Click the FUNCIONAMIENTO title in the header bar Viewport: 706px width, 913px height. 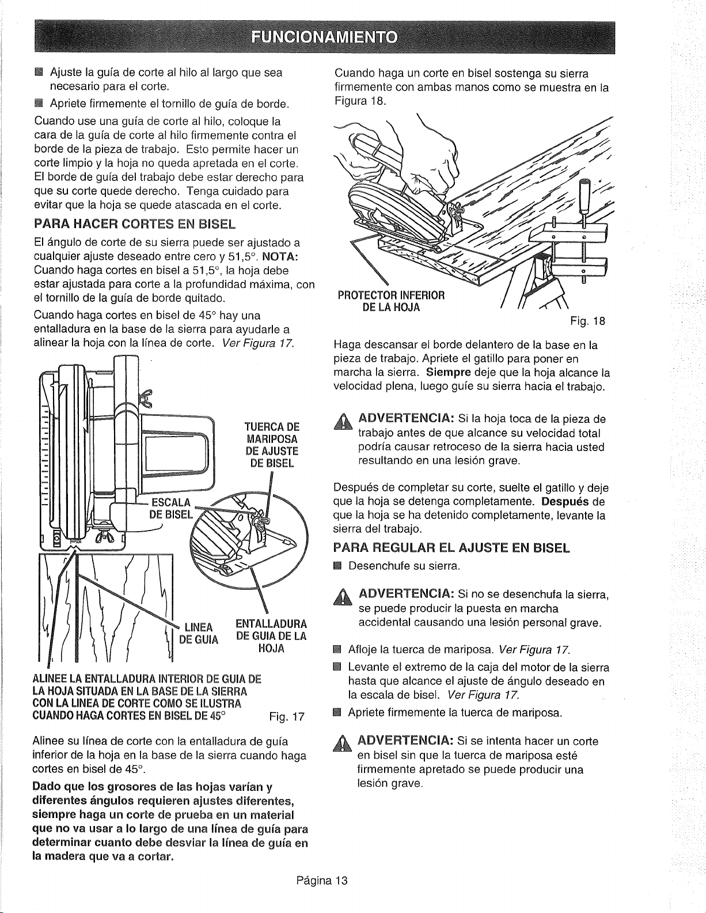(x=324, y=37)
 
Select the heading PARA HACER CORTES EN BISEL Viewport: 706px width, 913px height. (x=134, y=223)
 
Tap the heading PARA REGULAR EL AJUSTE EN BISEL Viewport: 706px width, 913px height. (x=451, y=548)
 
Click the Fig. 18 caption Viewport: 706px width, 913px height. (x=587, y=321)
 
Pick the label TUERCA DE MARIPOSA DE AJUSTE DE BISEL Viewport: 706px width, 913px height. (x=272, y=445)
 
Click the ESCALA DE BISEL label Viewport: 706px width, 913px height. (x=171, y=509)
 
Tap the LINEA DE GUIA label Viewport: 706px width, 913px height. (x=199, y=634)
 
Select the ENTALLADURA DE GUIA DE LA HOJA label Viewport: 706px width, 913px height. (x=271, y=636)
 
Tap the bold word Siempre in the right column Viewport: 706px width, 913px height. (x=448, y=373)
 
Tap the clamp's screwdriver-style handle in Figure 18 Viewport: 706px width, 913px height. (x=584, y=195)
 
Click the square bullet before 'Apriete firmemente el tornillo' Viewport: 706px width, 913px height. (x=39, y=103)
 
